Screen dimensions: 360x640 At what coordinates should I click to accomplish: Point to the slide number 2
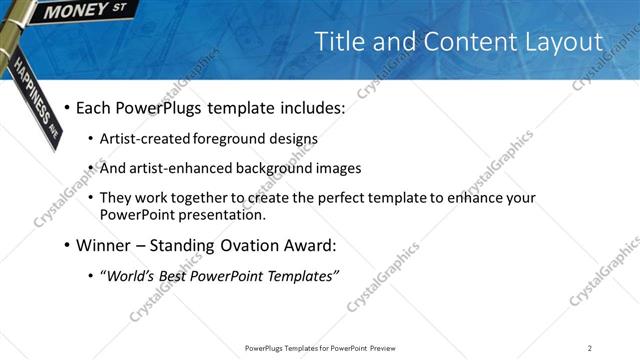[x=590, y=348]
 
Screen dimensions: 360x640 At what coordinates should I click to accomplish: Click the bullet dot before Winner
[x=67, y=245]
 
